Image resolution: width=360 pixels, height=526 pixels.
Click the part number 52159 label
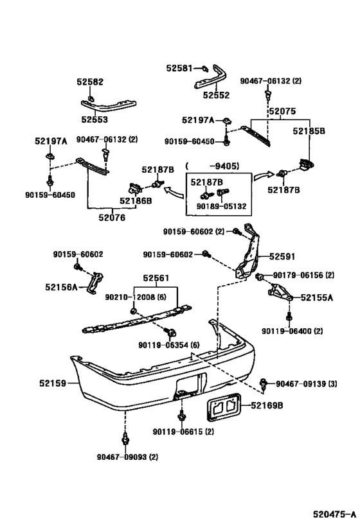click(53, 383)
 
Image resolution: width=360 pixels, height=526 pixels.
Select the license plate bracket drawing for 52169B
click(223, 407)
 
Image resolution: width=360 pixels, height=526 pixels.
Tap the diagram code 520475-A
click(334, 514)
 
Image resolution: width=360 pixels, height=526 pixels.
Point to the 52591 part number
click(282, 257)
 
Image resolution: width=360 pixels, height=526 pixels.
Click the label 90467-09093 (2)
click(128, 457)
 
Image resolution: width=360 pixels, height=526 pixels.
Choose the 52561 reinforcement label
click(156, 278)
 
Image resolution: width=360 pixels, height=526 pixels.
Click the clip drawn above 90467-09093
click(125, 438)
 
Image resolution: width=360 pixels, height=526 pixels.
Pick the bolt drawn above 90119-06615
click(182, 416)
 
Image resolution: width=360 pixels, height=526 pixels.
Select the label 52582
click(90, 82)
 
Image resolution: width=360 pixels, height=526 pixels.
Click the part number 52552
click(216, 95)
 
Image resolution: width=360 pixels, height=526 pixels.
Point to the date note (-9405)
click(213, 166)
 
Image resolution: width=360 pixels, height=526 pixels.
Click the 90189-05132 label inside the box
click(221, 206)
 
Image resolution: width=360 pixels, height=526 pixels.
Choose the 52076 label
click(112, 218)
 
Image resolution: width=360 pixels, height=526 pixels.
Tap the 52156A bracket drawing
click(95, 283)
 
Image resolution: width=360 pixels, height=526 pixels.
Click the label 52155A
click(317, 297)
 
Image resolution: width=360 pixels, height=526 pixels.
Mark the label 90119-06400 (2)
click(292, 331)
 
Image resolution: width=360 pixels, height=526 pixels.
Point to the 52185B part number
click(309, 131)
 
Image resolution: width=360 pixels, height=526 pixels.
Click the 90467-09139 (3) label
click(307, 383)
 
